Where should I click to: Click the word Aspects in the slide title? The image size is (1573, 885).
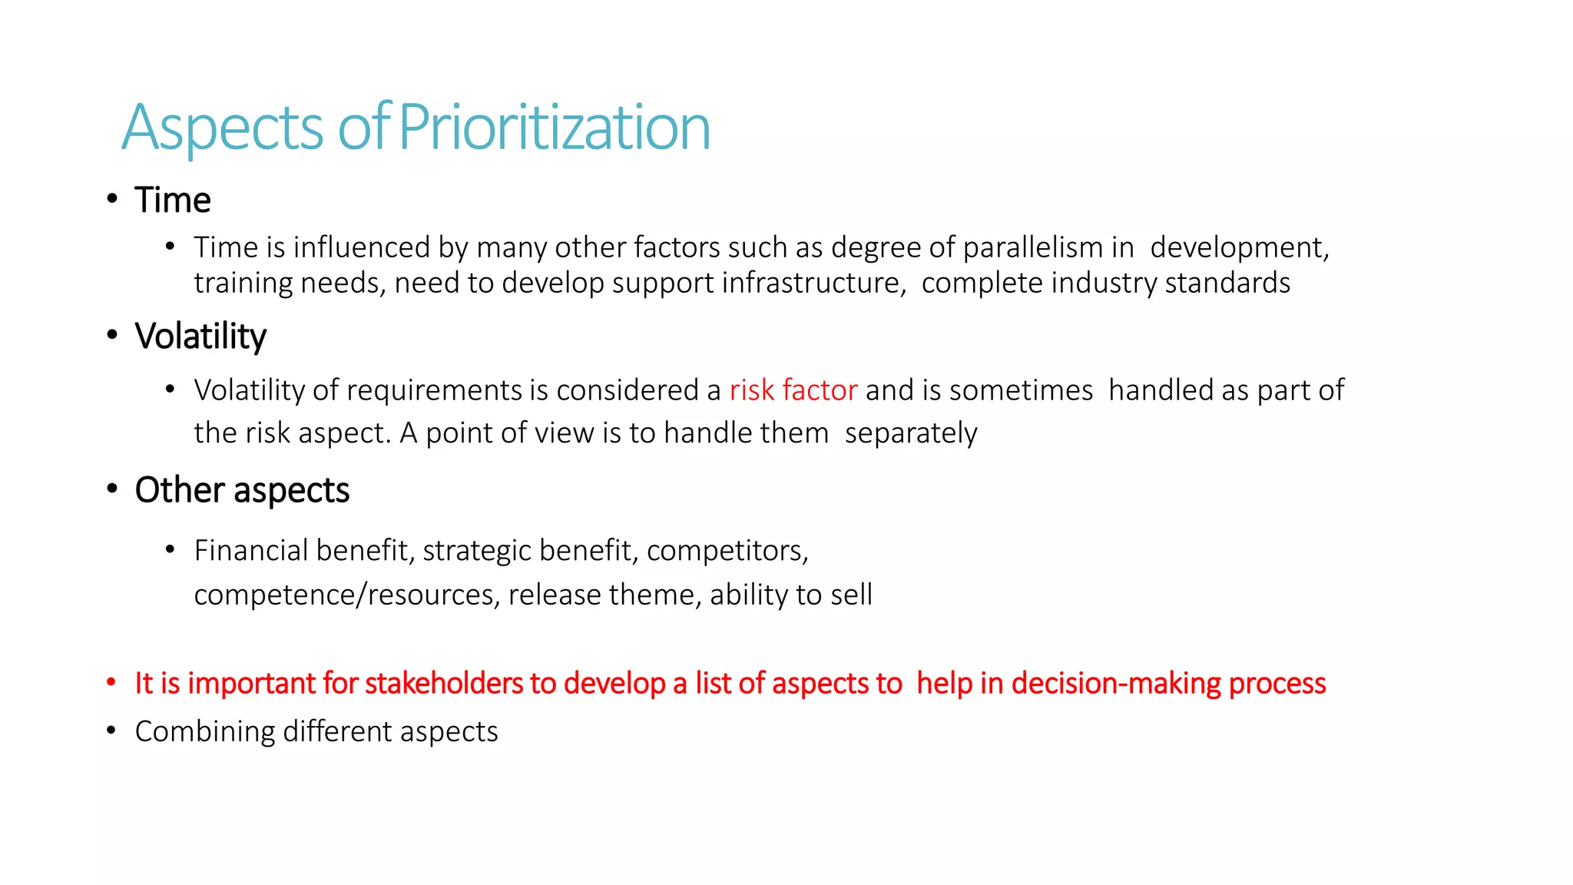pyautogui.click(x=223, y=128)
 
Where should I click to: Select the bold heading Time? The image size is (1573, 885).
pyautogui.click(x=173, y=200)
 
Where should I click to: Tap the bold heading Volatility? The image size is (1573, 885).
pyautogui.click(x=200, y=336)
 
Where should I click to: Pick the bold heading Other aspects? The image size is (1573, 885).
pyautogui.click(x=242, y=490)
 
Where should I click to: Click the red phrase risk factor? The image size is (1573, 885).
pyautogui.click(x=793, y=390)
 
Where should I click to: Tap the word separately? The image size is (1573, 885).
pyautogui.click(x=911, y=433)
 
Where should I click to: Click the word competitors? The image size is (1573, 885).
pyautogui.click(x=727, y=551)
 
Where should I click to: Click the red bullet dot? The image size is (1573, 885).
pyautogui.click(x=111, y=682)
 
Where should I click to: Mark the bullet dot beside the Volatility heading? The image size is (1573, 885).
pyautogui.click(x=112, y=335)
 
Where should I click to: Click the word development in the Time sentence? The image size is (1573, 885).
pyautogui.click(x=1238, y=247)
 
